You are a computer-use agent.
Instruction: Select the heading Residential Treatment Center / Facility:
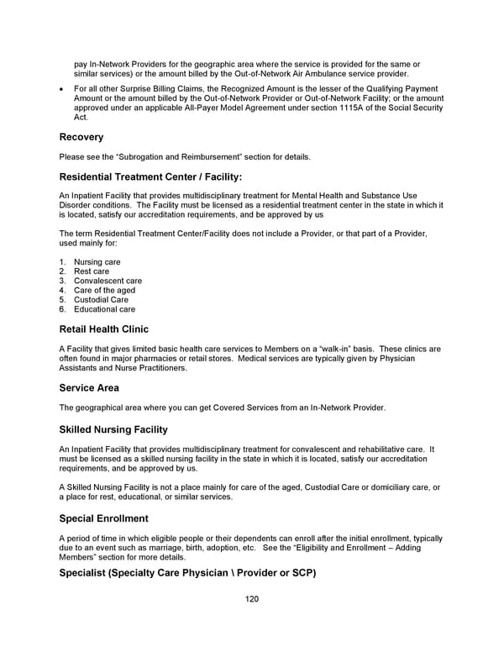click(150, 176)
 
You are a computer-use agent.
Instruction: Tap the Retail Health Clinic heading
click(103, 329)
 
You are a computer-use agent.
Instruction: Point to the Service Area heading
click(89, 388)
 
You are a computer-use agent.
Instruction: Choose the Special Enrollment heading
click(103, 518)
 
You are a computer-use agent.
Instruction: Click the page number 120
click(252, 599)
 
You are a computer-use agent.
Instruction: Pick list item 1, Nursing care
click(97, 262)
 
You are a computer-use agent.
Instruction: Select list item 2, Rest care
click(91, 271)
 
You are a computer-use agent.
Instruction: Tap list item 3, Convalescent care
click(108, 281)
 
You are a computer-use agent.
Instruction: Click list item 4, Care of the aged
click(104, 290)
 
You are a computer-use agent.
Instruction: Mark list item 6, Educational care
click(104, 309)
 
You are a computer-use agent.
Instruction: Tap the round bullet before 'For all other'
click(63, 89)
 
